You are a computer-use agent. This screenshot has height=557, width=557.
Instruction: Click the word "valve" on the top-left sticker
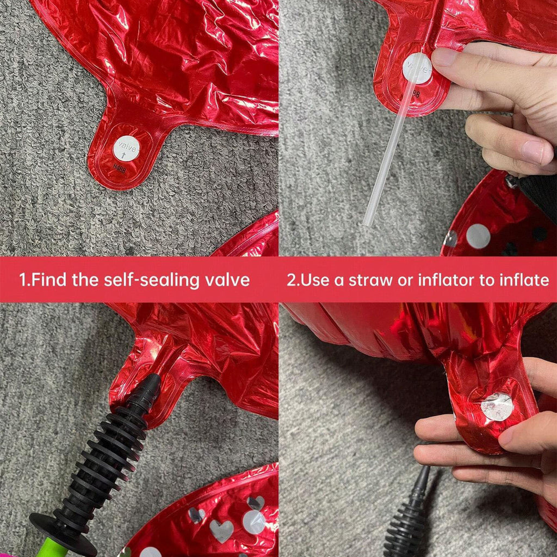pyautogui.click(x=127, y=146)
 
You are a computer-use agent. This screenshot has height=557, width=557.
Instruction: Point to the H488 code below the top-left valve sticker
pyautogui.click(x=119, y=168)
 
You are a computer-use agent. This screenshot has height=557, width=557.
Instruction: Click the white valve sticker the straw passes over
pyautogui.click(x=418, y=68)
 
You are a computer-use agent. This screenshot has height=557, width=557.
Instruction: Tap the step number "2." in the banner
pyautogui.click(x=293, y=280)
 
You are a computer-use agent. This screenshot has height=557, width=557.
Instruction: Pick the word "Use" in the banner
pyautogui.click(x=314, y=280)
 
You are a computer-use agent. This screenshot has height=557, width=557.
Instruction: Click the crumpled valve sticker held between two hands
pyautogui.click(x=497, y=407)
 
